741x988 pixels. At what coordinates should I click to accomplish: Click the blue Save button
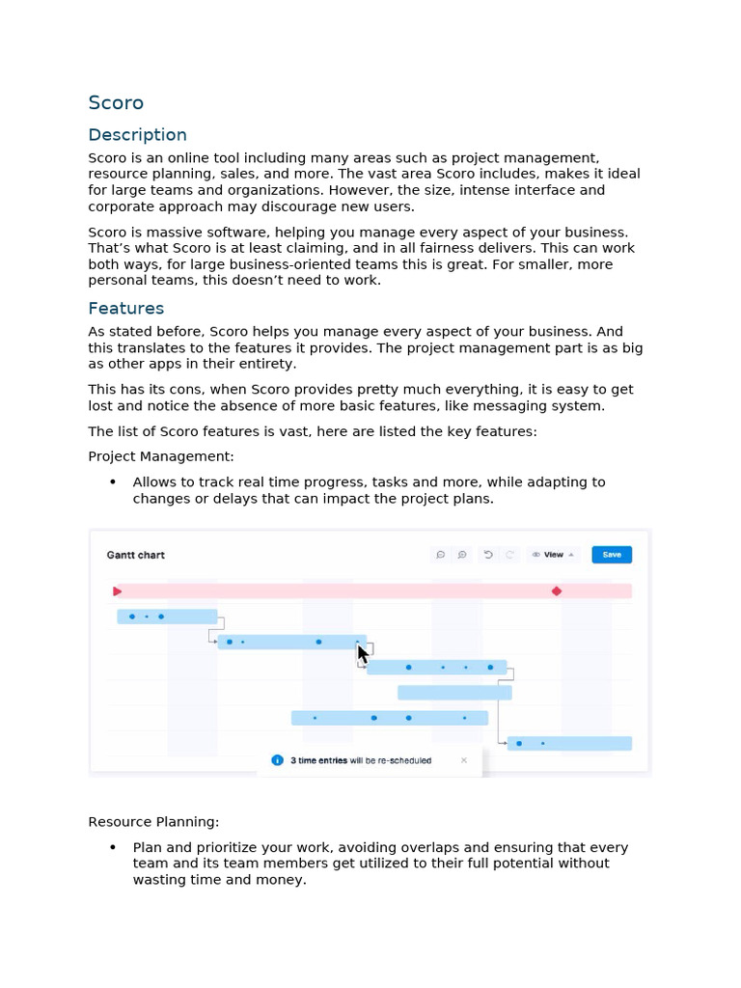(x=612, y=555)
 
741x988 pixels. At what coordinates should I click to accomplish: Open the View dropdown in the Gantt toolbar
(x=553, y=555)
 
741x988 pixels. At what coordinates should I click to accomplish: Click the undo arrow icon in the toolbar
(x=488, y=555)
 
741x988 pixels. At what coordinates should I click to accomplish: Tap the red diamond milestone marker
(x=557, y=590)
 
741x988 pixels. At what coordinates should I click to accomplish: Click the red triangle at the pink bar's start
(x=118, y=590)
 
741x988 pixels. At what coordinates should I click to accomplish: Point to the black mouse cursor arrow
(x=363, y=654)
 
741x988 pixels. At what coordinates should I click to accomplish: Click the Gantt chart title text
(x=135, y=555)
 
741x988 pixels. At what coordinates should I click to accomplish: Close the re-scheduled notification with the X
(x=464, y=760)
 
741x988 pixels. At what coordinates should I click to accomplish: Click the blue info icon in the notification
(x=278, y=760)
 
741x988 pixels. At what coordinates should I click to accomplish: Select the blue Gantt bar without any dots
(x=454, y=693)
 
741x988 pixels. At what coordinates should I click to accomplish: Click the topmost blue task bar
(x=167, y=617)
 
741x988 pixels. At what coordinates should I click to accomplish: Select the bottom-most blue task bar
(x=569, y=744)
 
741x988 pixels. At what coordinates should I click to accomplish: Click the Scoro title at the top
(x=116, y=103)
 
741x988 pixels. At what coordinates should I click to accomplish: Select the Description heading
(x=137, y=135)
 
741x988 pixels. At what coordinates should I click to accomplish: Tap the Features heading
(x=125, y=309)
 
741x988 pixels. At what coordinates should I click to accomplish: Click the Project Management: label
(x=160, y=456)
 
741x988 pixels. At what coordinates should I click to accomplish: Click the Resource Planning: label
(x=153, y=822)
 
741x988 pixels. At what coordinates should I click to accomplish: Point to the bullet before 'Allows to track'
(x=113, y=482)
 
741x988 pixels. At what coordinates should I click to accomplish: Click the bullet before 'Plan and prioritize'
(x=113, y=848)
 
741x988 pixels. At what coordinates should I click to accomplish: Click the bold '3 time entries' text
(x=319, y=760)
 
